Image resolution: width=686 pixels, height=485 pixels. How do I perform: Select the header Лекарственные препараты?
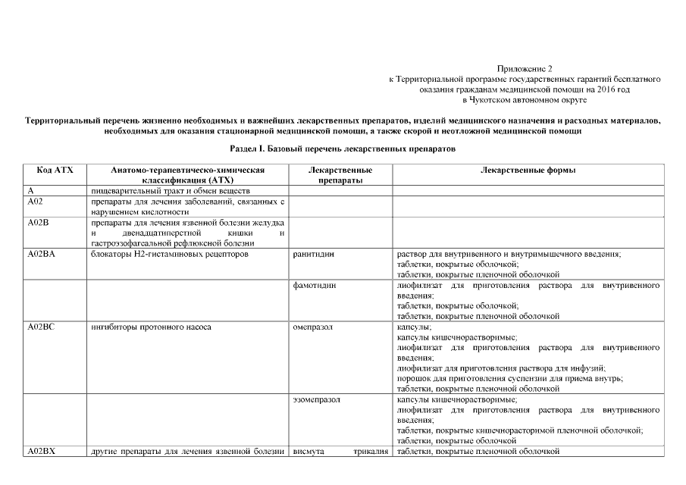point(340,175)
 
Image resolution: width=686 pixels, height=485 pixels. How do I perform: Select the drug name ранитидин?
point(312,254)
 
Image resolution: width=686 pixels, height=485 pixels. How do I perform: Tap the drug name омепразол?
point(312,327)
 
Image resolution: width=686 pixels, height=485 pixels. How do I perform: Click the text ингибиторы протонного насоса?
point(150,327)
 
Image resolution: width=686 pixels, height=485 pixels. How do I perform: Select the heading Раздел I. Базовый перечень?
point(343,149)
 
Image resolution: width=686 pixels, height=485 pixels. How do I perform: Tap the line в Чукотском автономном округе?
point(525,99)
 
